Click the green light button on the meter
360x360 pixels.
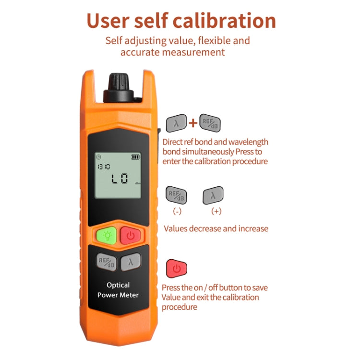[106, 235]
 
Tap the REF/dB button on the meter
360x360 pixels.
[107, 262]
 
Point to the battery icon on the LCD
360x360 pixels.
[137, 157]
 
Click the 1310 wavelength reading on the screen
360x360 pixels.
[103, 167]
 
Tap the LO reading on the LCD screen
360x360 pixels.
[120, 180]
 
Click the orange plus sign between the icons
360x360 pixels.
[192, 123]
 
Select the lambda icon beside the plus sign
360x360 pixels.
[176, 123]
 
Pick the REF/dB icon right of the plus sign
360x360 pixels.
[210, 123]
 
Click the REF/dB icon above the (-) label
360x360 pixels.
[176, 195]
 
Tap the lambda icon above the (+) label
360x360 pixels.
[213, 195]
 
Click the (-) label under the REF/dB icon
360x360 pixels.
[177, 211]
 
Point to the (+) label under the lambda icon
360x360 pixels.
[216, 211]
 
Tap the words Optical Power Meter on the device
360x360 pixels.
[118, 290]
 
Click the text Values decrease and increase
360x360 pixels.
[216, 228]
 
